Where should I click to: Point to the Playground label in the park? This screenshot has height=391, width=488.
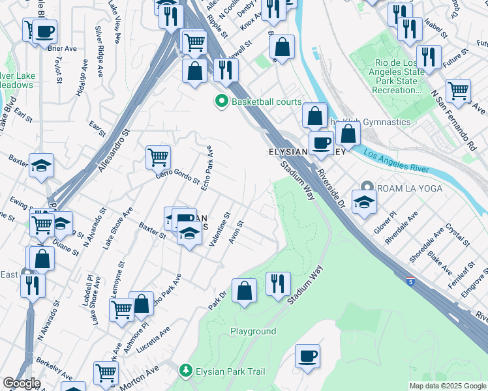[253, 331]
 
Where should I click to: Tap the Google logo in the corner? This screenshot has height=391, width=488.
[22, 383]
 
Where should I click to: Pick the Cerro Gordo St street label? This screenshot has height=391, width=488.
[177, 175]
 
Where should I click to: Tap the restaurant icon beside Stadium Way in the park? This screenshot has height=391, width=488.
[278, 285]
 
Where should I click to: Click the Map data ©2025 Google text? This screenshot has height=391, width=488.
[447, 386]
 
